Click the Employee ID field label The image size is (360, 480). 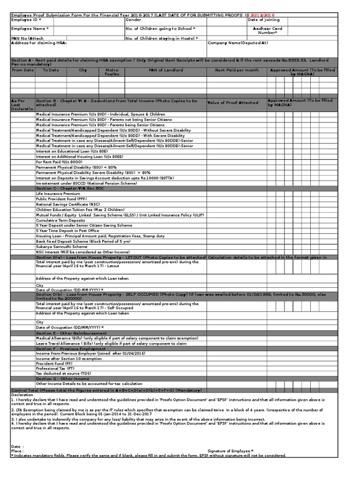tap(26, 20)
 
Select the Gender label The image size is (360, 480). tap(133, 20)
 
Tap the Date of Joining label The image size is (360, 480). tap(263, 20)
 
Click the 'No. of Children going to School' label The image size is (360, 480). tap(160, 29)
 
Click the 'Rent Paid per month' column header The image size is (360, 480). tap(237, 70)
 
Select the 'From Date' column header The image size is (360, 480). tap(23, 70)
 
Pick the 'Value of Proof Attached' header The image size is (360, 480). tap(232, 102)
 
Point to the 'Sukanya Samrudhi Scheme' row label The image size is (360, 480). tap(61, 247)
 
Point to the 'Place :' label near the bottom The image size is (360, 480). tap(17, 450)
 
